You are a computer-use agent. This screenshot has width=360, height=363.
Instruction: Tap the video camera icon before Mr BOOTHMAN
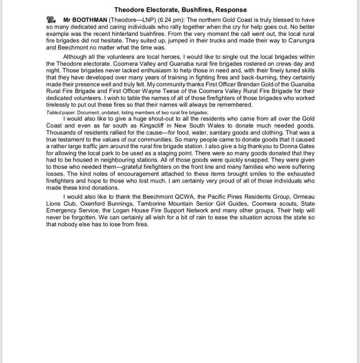point(51,20)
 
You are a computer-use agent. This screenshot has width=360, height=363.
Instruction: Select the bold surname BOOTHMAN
point(90,20)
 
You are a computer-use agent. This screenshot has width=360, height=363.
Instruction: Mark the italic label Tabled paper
point(60,113)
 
